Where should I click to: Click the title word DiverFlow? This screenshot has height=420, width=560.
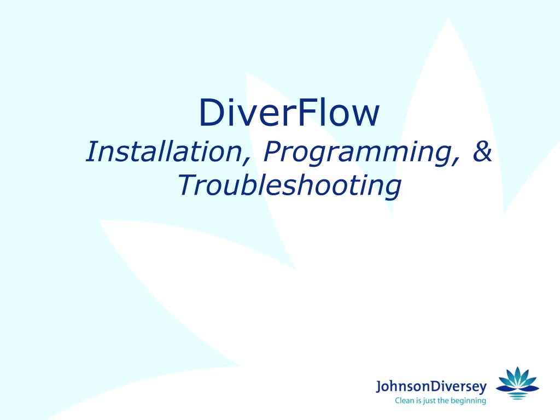click(289, 113)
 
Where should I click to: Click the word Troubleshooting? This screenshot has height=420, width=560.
click(289, 186)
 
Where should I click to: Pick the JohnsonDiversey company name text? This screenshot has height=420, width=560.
click(431, 388)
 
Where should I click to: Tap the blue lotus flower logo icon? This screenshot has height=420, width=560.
click(517, 382)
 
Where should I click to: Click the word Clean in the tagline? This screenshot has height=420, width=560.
click(406, 401)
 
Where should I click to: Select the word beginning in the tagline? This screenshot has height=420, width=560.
click(466, 401)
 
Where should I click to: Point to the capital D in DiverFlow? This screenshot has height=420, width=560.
click(211, 113)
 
